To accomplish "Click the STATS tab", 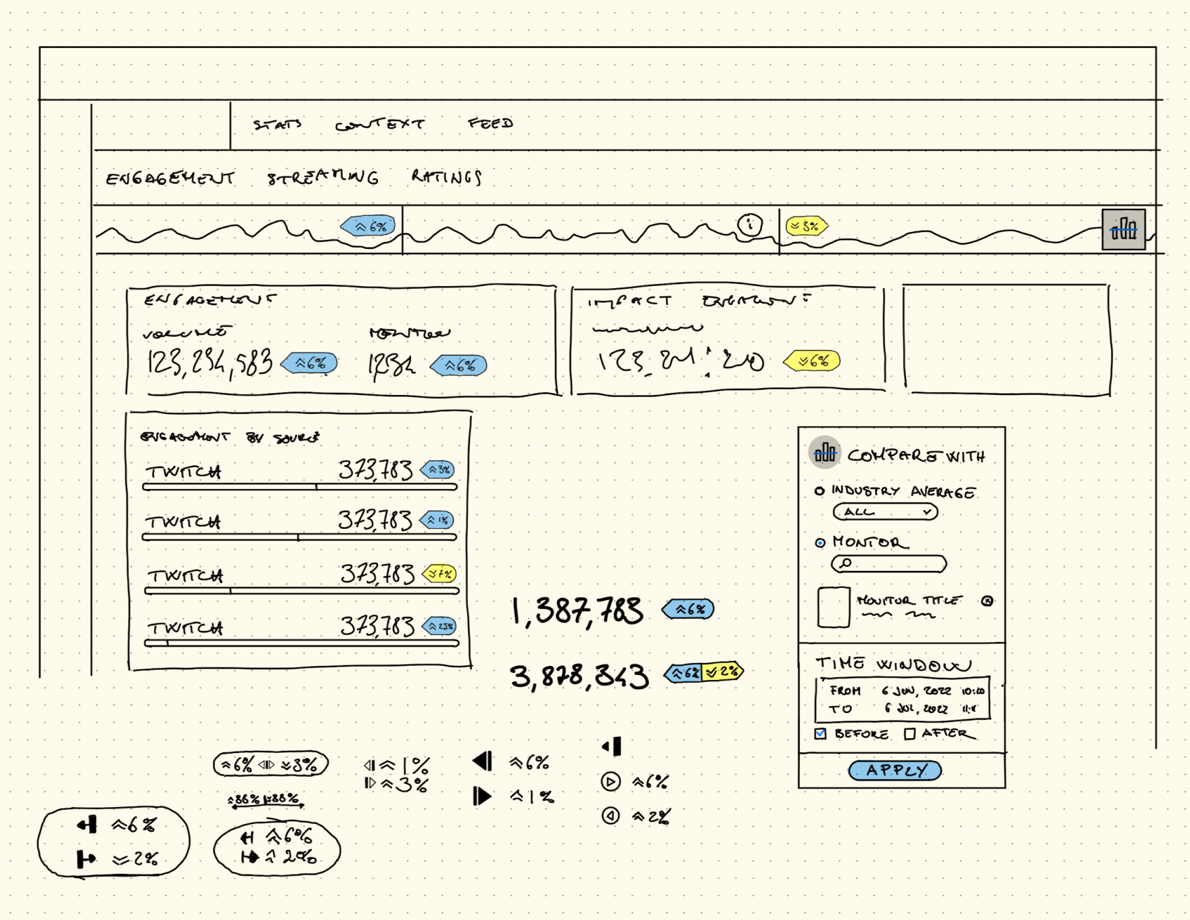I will click(277, 124).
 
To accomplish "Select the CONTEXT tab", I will click(379, 124).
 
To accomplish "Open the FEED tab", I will click(490, 123).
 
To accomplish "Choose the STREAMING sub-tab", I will click(323, 177).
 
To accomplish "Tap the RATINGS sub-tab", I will click(446, 177).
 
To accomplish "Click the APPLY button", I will click(895, 770).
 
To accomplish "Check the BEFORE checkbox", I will click(821, 734).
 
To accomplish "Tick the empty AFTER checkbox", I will click(910, 734).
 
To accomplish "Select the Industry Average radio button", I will click(819, 491).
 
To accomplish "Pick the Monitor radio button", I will click(820, 543).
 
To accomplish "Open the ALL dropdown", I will click(885, 512).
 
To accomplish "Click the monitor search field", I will click(888, 563).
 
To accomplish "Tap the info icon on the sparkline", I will click(750, 224).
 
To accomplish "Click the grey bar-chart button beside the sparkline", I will click(1123, 229).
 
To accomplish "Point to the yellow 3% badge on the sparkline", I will click(807, 227).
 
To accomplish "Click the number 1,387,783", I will click(577, 611).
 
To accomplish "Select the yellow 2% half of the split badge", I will click(722, 672).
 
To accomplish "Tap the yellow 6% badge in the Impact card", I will click(812, 361).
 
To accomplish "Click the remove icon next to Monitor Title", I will click(987, 601).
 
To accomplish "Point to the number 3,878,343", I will click(579, 676).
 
